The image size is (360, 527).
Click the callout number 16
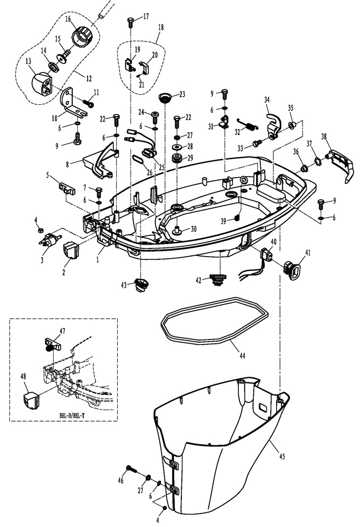[x=68, y=19]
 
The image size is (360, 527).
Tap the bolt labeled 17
[x=130, y=23]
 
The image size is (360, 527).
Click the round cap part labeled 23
[x=165, y=98]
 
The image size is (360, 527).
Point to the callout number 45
[x=282, y=456]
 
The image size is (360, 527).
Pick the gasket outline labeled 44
[x=215, y=322]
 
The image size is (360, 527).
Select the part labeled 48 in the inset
[x=31, y=400]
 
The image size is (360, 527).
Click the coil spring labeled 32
[x=248, y=124]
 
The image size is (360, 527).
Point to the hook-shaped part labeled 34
[x=273, y=126]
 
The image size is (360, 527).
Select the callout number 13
[x=28, y=61]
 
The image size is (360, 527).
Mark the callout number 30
[x=194, y=229]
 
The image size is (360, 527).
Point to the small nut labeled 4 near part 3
[x=39, y=230]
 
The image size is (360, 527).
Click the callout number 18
[x=161, y=27]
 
